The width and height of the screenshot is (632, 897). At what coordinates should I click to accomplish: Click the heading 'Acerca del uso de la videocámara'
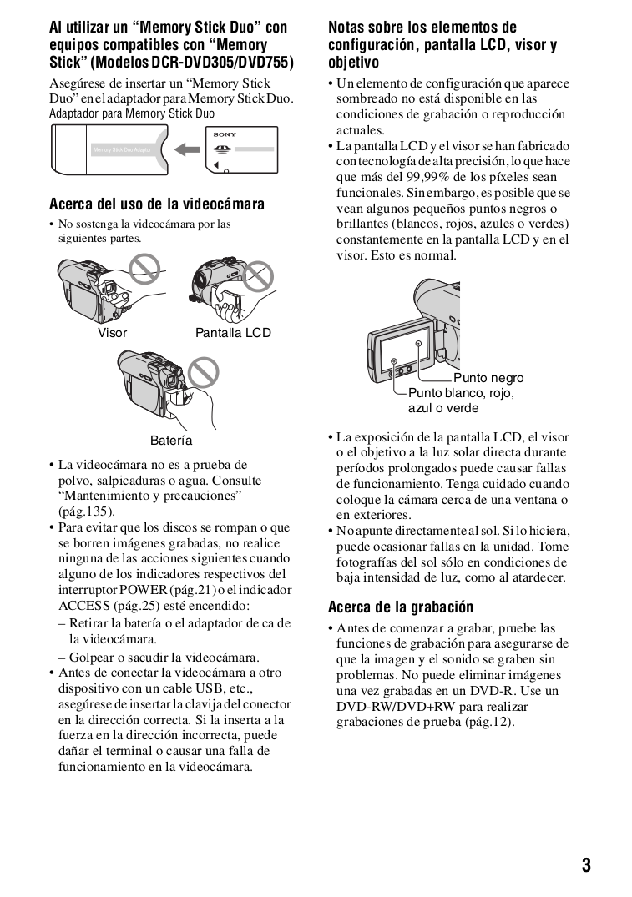[157, 204]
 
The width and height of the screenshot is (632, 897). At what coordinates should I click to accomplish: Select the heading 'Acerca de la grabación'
[401, 607]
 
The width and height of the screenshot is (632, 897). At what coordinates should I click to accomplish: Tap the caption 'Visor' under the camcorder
[113, 333]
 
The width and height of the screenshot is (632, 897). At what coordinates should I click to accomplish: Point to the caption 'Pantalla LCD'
[233, 333]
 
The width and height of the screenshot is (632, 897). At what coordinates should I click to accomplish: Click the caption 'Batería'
[171, 440]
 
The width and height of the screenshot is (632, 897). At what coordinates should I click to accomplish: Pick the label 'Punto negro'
[488, 378]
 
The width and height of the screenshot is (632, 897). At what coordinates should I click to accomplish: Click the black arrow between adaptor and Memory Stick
[190, 149]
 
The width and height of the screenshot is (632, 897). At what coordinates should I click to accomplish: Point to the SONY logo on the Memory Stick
[225, 134]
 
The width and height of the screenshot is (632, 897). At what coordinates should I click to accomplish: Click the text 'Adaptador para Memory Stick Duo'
[132, 113]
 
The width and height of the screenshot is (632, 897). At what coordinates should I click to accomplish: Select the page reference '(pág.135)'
[87, 511]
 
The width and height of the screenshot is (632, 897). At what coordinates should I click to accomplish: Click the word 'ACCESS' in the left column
[83, 606]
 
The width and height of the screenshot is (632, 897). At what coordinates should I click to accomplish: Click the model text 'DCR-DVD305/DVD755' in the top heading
[225, 62]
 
